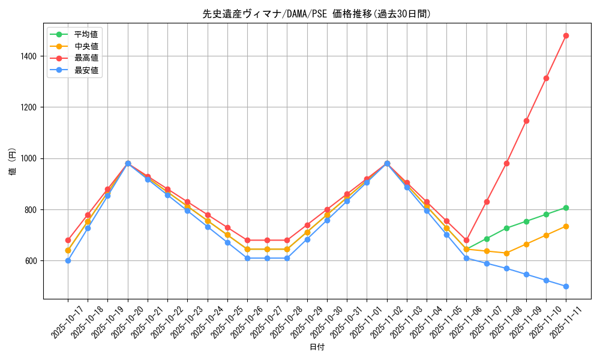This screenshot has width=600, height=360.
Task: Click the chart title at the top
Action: tap(317, 14)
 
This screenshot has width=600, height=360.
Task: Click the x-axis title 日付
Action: tap(317, 347)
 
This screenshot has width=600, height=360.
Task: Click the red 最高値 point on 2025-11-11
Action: tap(566, 35)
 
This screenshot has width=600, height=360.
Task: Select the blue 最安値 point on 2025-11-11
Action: tap(566, 286)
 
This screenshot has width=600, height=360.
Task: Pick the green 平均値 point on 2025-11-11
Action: tap(566, 208)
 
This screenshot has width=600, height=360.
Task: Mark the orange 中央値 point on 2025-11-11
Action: tap(566, 226)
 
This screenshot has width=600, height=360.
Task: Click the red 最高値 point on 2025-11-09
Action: tap(526, 121)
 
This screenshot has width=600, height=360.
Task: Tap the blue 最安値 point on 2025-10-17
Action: tap(68, 260)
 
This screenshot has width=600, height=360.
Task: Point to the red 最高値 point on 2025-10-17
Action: tap(68, 240)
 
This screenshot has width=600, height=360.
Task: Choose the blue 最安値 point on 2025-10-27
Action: tap(267, 258)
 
